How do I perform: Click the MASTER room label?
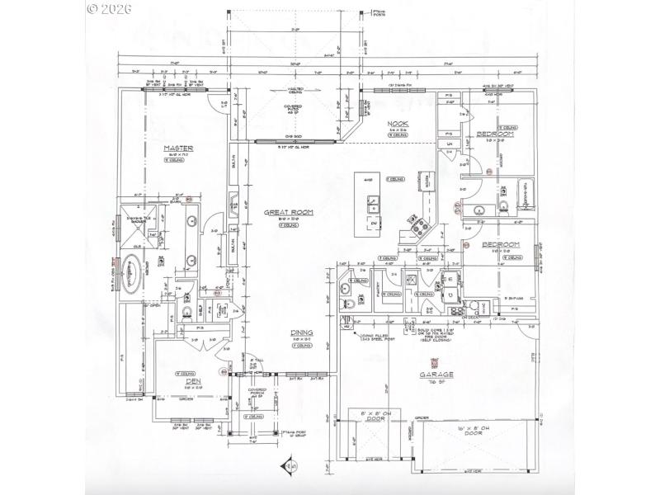(x=178, y=148)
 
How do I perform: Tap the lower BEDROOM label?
(x=500, y=245)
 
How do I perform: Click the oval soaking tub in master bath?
(x=130, y=274)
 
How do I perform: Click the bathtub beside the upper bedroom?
(x=521, y=196)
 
